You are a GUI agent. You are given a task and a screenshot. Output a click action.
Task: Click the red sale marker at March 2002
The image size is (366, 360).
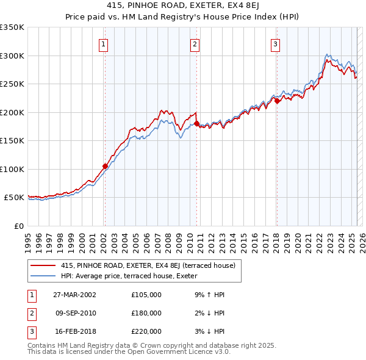click(105, 166)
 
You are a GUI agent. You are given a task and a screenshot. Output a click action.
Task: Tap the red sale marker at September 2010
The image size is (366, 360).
click(196, 123)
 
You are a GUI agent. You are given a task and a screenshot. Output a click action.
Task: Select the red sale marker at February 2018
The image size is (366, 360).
click(276, 101)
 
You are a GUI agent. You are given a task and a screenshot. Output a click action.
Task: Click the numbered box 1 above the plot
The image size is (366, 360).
click(104, 43)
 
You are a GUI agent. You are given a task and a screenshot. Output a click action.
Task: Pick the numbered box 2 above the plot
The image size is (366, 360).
click(194, 43)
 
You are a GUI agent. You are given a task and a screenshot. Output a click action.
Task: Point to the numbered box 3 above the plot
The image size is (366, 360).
click(275, 43)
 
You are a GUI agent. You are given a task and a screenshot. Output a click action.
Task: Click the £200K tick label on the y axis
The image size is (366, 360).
click(12, 112)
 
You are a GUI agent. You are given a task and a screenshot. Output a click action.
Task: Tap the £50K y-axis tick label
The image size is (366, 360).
click(14, 198)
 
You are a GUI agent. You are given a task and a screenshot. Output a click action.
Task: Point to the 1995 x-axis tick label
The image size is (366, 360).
click(29, 237)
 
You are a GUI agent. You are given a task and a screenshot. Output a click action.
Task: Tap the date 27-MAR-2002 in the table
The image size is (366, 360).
click(75, 294)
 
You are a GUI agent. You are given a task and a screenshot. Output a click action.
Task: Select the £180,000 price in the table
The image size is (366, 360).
click(146, 313)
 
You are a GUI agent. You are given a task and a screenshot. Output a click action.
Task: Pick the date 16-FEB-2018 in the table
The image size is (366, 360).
click(75, 332)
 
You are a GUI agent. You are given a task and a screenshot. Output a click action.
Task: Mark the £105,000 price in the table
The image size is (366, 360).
click(146, 294)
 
